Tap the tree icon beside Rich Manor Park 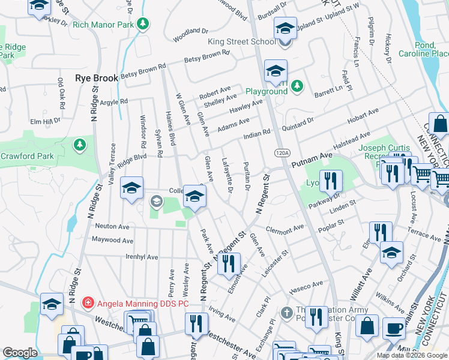coord(143,25)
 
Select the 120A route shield coord(281,153)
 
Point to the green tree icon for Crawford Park coord(79,145)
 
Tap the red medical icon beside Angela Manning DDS coord(88,304)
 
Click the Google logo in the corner coord(20,353)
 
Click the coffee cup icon coord(394,328)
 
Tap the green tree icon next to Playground coord(297,88)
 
